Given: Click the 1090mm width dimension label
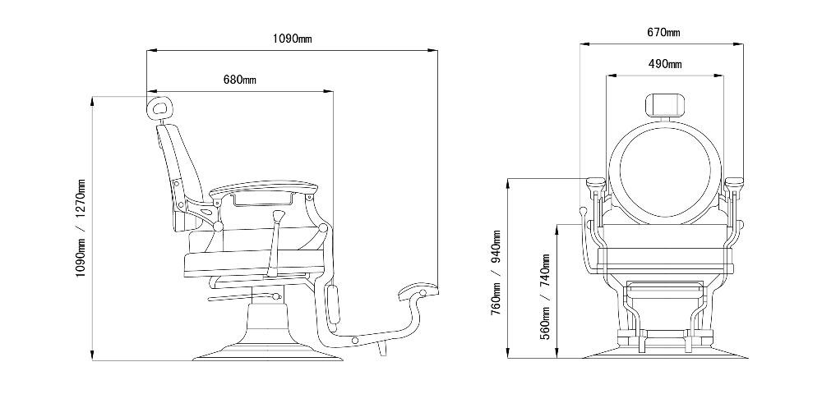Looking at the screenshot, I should pos(292,38).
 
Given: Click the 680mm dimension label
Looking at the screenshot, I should pos(239,80).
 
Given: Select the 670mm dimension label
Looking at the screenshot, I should pos(663,32).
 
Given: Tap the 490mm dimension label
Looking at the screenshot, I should pos(665,63).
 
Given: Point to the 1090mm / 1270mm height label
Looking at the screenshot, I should pos(81,227).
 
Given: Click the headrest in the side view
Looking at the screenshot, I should pos(159,107).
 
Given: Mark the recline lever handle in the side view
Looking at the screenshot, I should pos(279,217).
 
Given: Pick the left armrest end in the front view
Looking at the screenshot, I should pos(595,184).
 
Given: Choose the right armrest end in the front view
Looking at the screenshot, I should pos(734,184).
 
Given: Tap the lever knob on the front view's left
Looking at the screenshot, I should pos(583,212).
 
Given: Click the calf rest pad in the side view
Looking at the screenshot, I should pos(333,305).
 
